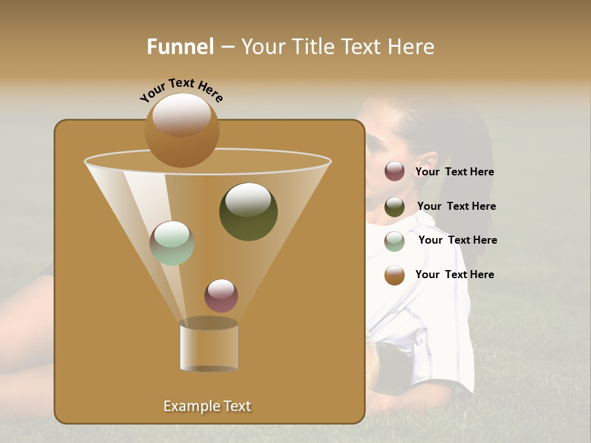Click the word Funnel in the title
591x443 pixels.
pyautogui.click(x=180, y=47)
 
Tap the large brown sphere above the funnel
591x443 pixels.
pyautogui.click(x=182, y=130)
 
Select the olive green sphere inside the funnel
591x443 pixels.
pyautogui.click(x=248, y=212)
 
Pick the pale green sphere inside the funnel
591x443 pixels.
pyautogui.click(x=172, y=243)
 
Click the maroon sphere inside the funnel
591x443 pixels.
pyautogui.click(x=221, y=296)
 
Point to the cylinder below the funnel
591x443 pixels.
pyautogui.click(x=209, y=345)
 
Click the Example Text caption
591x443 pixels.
pyautogui.click(x=207, y=406)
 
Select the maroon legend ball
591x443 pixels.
pyautogui.click(x=395, y=172)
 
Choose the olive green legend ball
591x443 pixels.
pyautogui.click(x=395, y=207)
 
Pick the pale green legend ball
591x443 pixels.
pyautogui.click(x=395, y=241)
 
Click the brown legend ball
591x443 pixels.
pyautogui.click(x=395, y=275)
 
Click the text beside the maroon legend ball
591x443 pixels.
pyautogui.click(x=454, y=172)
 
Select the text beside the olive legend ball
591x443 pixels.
pyautogui.click(x=456, y=207)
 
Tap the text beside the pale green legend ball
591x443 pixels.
pyautogui.click(x=457, y=241)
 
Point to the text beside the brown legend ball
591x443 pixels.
pyautogui.click(x=454, y=274)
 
